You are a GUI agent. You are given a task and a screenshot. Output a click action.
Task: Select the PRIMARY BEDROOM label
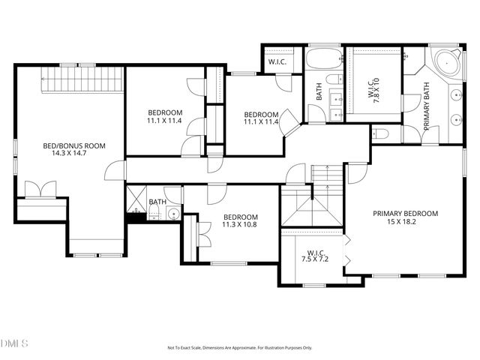[406, 213]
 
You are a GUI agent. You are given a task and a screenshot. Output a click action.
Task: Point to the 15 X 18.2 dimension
[406, 221]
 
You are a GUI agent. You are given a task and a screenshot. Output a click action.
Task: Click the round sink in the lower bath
[173, 214]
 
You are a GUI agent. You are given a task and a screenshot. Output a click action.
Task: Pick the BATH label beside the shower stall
[157, 202]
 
